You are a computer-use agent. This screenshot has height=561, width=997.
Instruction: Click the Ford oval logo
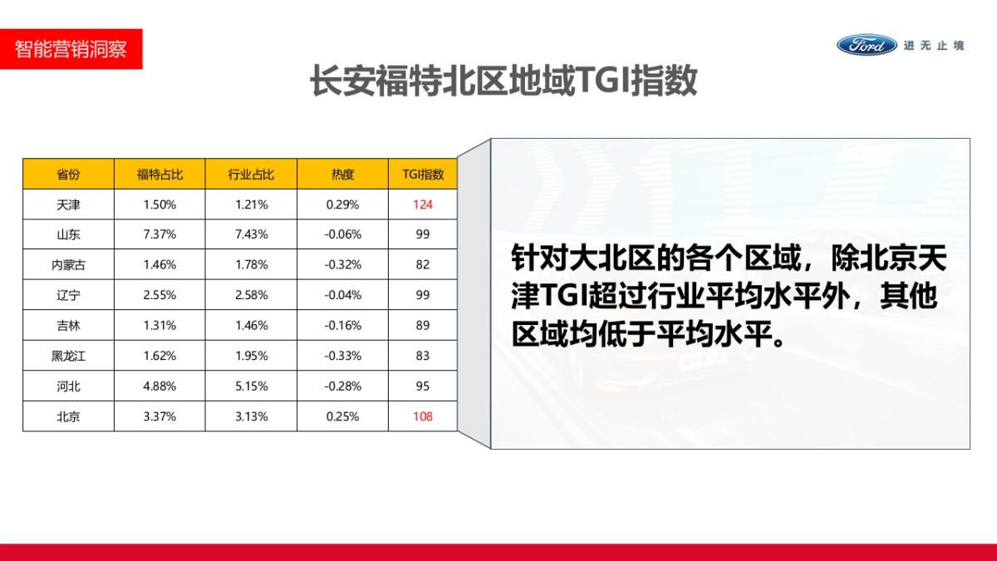point(867,45)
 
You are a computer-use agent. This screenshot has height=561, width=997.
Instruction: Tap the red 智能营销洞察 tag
point(71,49)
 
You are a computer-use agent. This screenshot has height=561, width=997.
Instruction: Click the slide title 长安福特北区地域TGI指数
point(503,82)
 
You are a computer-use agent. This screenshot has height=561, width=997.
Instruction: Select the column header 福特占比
point(160,174)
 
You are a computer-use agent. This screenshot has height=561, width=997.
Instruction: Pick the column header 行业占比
point(251,174)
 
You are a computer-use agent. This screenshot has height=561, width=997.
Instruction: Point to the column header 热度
point(342,174)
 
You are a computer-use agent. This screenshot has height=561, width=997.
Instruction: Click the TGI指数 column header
point(423,174)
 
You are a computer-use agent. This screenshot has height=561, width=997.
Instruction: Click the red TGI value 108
point(423,416)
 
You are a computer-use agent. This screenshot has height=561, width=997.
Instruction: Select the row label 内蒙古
point(68,265)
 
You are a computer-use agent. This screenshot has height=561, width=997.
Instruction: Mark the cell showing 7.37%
point(160,234)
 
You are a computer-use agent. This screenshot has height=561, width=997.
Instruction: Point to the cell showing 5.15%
point(251,386)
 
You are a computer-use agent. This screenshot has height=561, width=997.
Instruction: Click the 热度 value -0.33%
point(342,356)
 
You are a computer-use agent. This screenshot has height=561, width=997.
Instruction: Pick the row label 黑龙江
point(68,356)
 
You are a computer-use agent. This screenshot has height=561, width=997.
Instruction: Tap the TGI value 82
point(423,265)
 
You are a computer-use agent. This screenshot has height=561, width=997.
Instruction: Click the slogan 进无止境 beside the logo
point(934,46)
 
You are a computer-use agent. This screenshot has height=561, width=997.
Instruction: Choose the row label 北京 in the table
point(68,416)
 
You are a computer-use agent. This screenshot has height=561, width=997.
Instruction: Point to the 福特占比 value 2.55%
point(160,295)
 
